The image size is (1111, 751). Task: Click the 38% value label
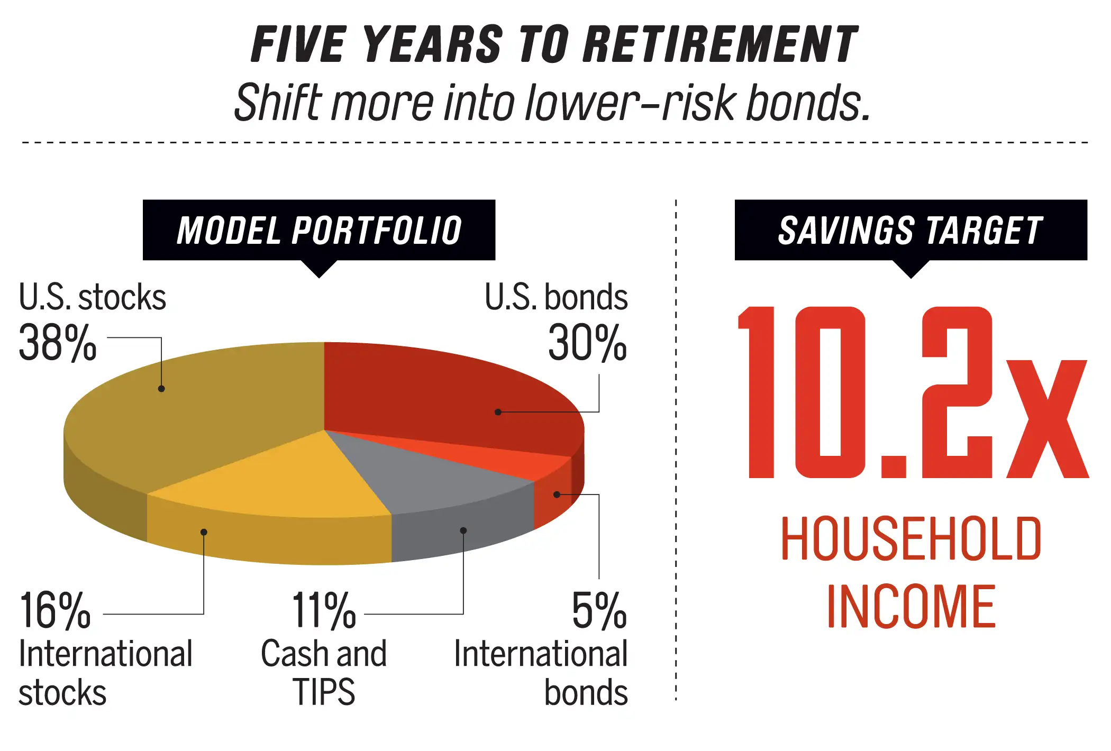[58, 343]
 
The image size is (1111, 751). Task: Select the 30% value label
[587, 343]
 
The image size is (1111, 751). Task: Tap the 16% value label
[55, 611]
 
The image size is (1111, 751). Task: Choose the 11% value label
[324, 611]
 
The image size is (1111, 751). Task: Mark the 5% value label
[599, 611]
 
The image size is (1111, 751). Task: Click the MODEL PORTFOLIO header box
[319, 230]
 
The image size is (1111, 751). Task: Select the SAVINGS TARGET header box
[911, 230]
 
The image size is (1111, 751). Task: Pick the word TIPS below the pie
[324, 692]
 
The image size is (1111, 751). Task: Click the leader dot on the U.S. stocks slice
[161, 389]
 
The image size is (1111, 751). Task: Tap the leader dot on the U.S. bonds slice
[498, 412]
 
